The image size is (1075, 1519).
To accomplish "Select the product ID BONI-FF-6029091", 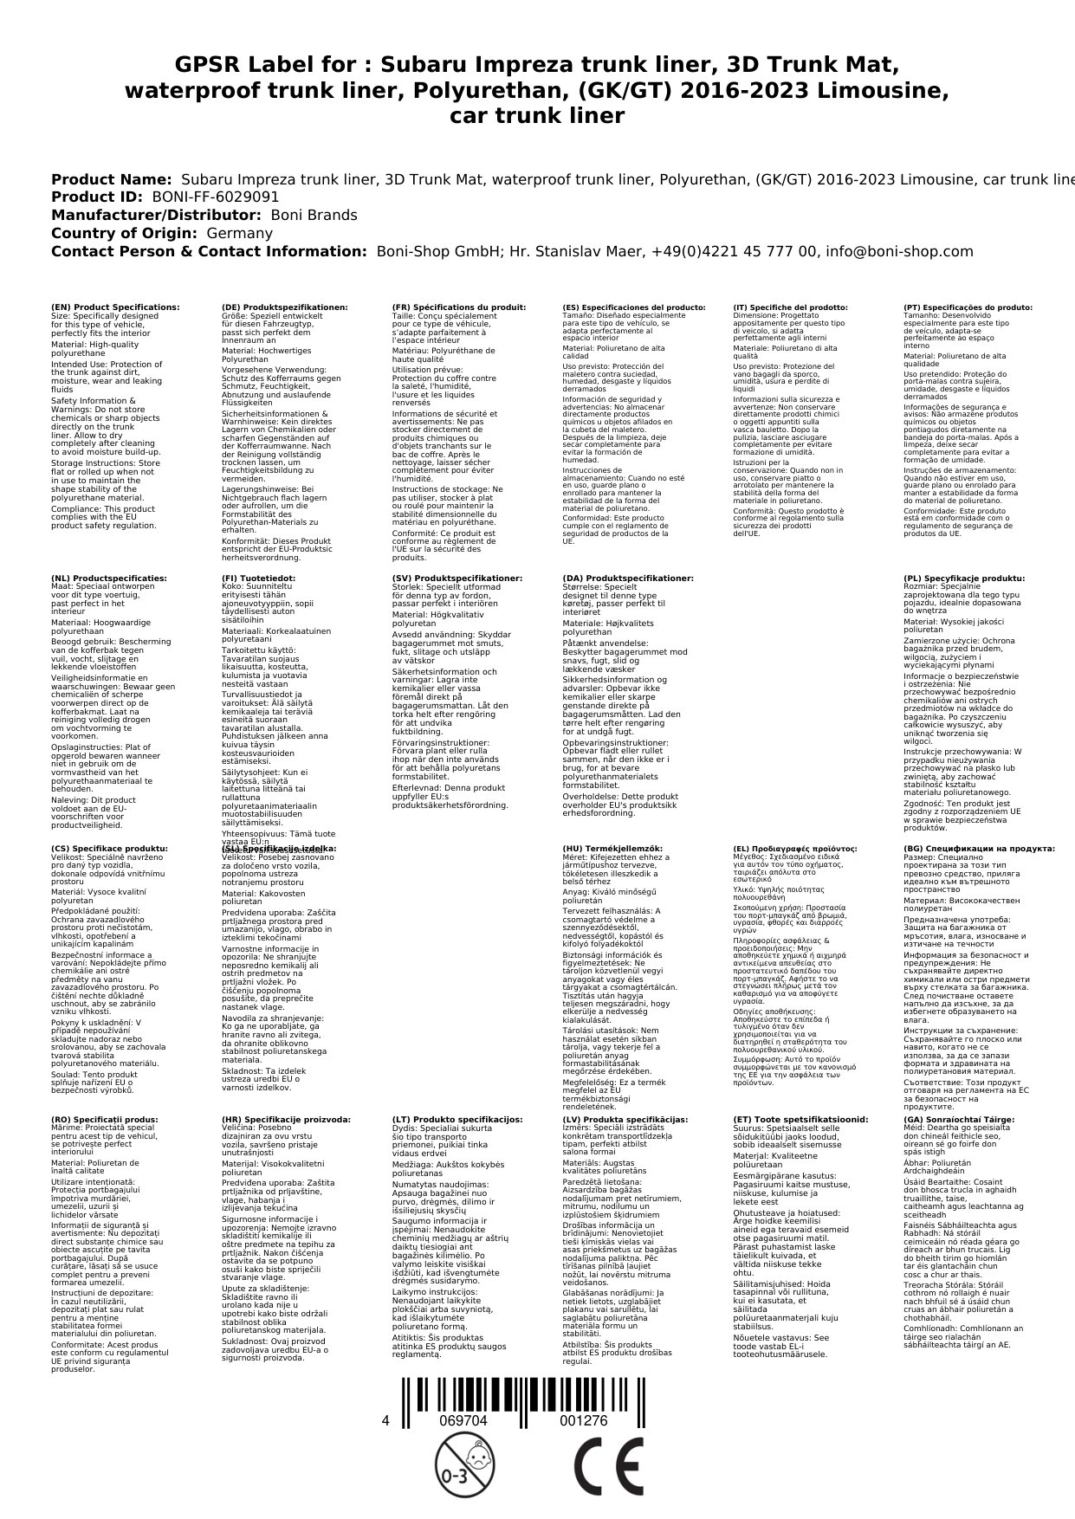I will click(x=215, y=197).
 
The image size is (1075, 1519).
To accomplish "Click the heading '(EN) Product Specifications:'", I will click(x=115, y=307).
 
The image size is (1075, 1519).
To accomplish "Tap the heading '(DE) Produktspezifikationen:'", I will click(x=285, y=307).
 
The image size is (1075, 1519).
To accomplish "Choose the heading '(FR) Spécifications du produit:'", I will click(x=458, y=307).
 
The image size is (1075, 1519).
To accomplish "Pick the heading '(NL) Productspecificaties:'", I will click(x=108, y=579).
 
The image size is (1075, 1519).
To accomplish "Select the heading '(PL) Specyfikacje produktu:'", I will click(x=964, y=579).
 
